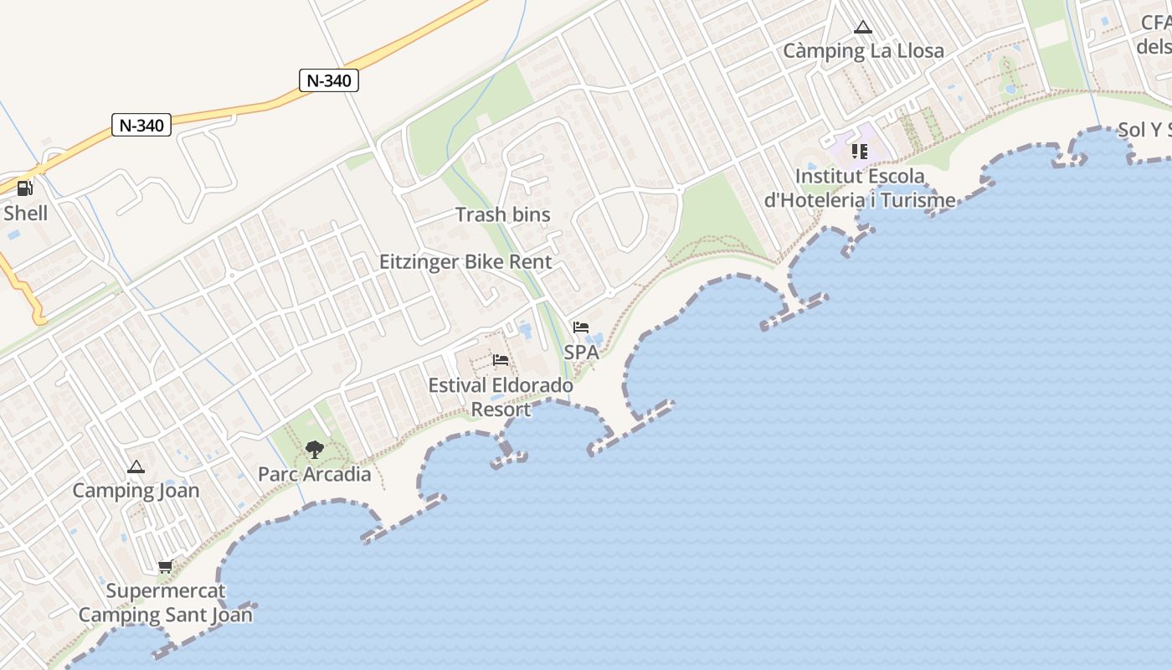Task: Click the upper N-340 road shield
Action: coord(329,80)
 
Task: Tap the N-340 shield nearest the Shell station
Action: coord(141,125)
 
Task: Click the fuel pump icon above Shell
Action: coord(25,188)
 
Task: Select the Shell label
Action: coord(25,213)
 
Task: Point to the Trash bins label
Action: coord(502,214)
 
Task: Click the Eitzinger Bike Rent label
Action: coord(465,261)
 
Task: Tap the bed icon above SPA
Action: coord(581,327)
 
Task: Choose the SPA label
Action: coord(581,353)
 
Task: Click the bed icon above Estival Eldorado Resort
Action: coord(501,360)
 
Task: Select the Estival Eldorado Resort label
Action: coord(501,398)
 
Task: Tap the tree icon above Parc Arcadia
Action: coord(314,450)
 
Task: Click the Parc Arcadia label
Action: coord(314,474)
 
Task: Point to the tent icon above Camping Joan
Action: coord(136,466)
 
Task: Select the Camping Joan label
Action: coord(136,491)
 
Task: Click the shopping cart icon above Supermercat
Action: coord(165,567)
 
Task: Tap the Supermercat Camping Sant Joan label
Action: coord(165,603)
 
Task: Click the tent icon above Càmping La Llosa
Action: coord(863,27)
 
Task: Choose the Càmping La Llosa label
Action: coord(863,50)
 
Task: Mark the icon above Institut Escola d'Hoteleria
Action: coord(860,152)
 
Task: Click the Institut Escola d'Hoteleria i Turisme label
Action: coord(860,188)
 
